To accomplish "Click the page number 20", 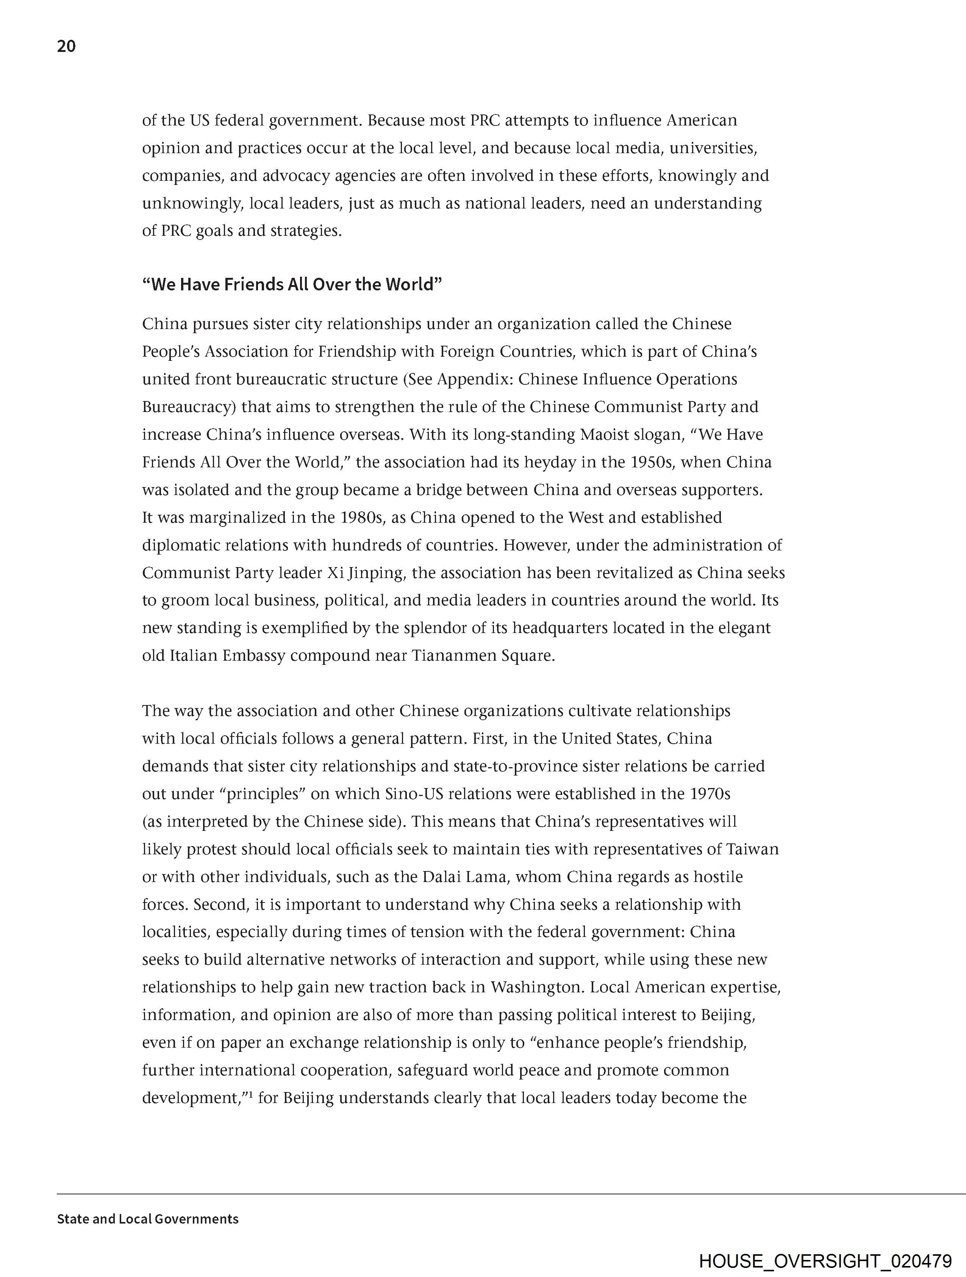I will coord(66,46).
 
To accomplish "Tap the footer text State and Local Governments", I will coord(148,1219).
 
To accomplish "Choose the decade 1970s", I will coord(710,794).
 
